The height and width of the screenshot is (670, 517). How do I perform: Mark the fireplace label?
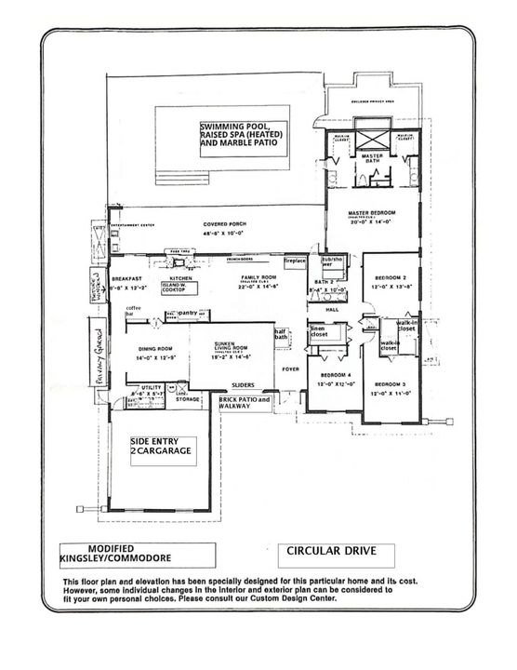click(295, 261)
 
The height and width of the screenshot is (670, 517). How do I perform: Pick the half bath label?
click(279, 337)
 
